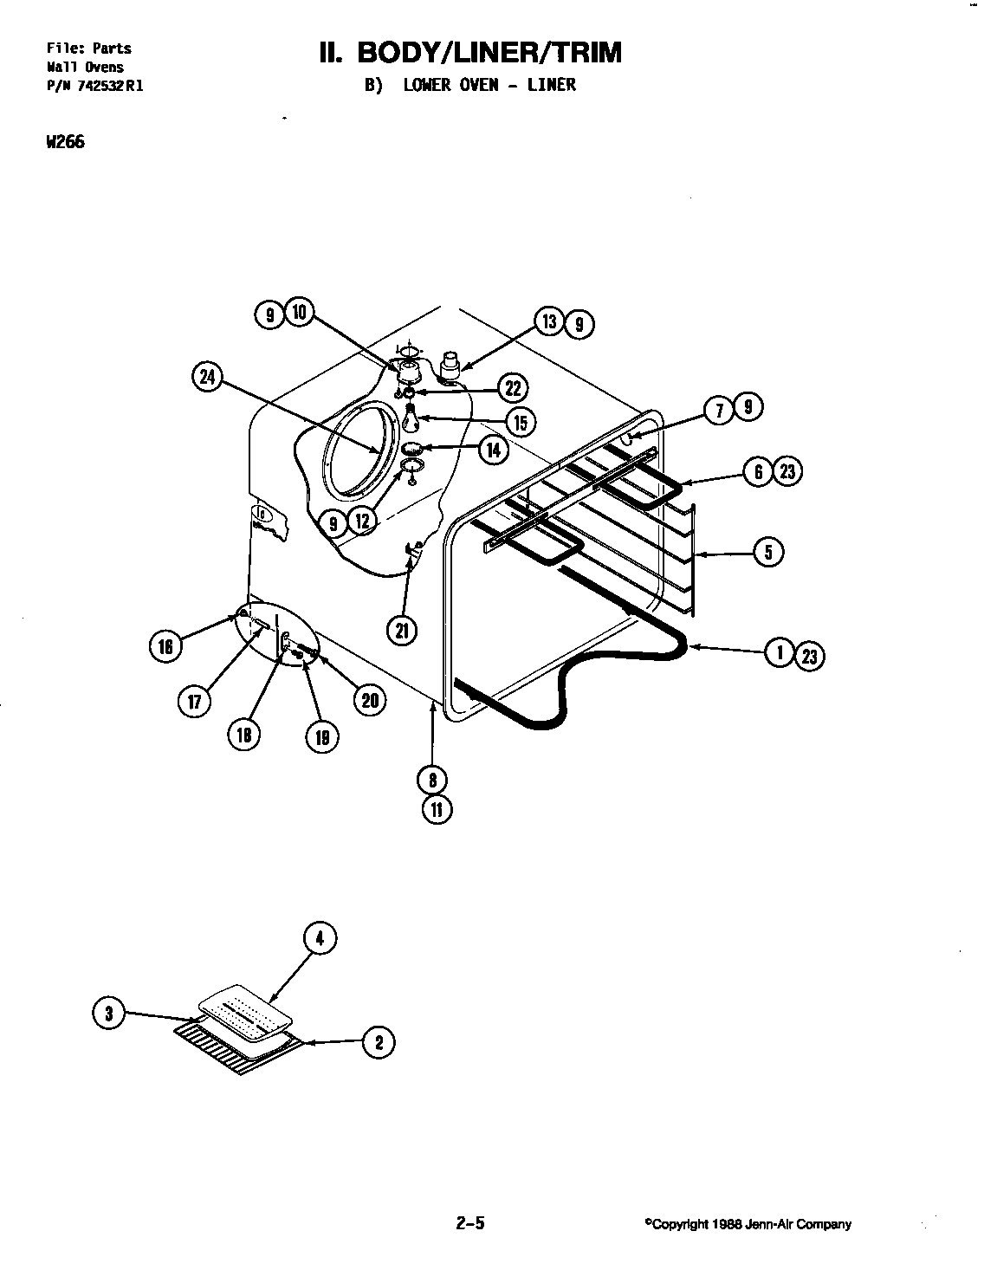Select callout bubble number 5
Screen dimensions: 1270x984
click(x=768, y=552)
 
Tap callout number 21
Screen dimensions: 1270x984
click(x=402, y=631)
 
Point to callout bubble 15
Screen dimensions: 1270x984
click(x=520, y=422)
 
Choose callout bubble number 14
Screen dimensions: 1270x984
click(x=493, y=450)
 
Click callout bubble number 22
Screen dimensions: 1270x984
click(x=514, y=387)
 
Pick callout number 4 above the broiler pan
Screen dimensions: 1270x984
click(x=320, y=939)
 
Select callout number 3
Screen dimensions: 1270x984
click(x=108, y=1014)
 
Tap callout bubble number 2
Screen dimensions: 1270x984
click(x=379, y=1042)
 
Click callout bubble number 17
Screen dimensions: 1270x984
click(x=194, y=702)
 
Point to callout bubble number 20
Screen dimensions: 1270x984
click(x=370, y=701)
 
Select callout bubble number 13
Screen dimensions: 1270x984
click(x=550, y=322)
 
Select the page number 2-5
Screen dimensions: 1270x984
click(x=469, y=1224)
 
